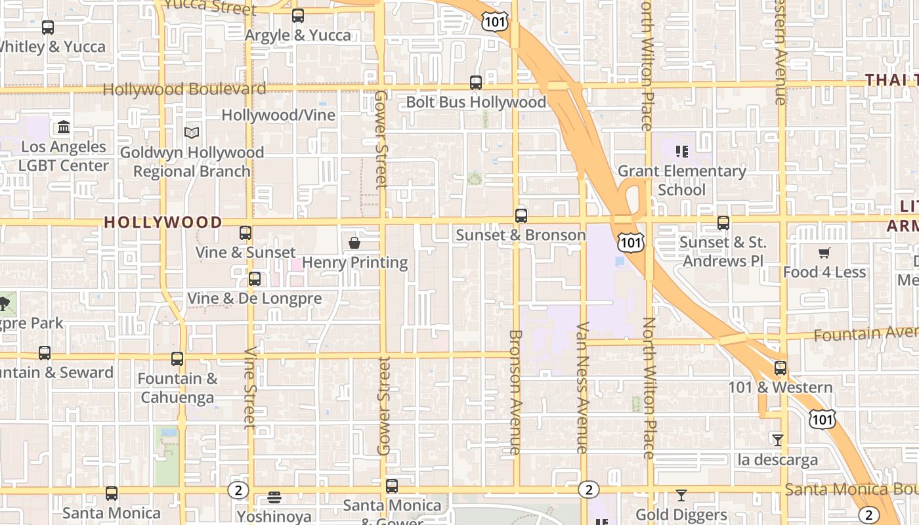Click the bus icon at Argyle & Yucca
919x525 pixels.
click(298, 16)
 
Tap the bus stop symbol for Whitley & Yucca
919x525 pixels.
click(48, 28)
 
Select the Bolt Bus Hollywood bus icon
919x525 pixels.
click(476, 83)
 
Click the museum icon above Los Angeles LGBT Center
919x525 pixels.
click(64, 127)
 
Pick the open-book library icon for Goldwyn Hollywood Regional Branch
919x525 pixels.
click(192, 133)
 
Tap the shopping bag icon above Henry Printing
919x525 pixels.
click(354, 243)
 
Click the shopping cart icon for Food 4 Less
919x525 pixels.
click(824, 253)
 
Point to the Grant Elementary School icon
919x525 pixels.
click(682, 152)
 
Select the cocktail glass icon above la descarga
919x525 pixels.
click(778, 440)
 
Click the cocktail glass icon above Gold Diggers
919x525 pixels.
click(681, 495)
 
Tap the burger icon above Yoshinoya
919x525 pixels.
click(274, 497)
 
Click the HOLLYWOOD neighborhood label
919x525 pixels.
click(163, 222)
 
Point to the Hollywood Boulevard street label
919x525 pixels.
click(184, 89)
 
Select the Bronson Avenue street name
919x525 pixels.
click(515, 392)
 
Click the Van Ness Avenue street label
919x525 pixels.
click(582, 387)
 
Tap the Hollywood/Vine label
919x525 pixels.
click(278, 115)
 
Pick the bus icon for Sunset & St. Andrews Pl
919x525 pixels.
click(723, 223)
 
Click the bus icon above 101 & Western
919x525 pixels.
click(780, 368)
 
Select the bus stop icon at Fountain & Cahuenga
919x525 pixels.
click(177, 359)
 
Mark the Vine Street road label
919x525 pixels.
click(250, 387)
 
